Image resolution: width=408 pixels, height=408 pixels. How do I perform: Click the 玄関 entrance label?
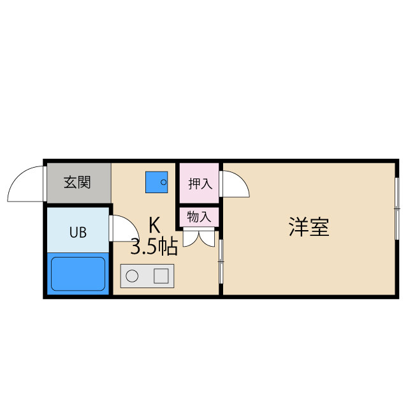click(x=77, y=182)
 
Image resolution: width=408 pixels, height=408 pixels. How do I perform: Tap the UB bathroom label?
click(x=78, y=232)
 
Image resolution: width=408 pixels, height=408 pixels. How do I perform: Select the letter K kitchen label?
click(x=154, y=225)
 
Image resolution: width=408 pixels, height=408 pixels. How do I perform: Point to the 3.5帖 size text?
click(x=154, y=247)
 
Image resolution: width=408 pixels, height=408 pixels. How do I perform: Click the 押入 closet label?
click(x=199, y=184)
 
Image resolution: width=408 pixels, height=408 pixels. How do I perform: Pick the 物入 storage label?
click(x=199, y=217)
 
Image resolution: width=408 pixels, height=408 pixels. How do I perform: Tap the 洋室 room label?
click(x=309, y=228)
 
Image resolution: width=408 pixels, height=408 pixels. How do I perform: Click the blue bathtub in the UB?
click(x=78, y=273)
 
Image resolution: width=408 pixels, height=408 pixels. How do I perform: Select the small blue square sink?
click(x=156, y=182)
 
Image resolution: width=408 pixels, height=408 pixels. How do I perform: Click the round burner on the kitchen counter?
click(x=133, y=277)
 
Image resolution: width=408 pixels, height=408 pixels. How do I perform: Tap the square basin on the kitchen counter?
click(x=161, y=277)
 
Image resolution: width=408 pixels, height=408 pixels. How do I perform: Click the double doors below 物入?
click(x=199, y=237)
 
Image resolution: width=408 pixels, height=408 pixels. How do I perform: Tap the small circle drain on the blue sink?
click(x=163, y=183)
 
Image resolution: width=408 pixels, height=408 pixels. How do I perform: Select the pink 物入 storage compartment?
click(x=199, y=217)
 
